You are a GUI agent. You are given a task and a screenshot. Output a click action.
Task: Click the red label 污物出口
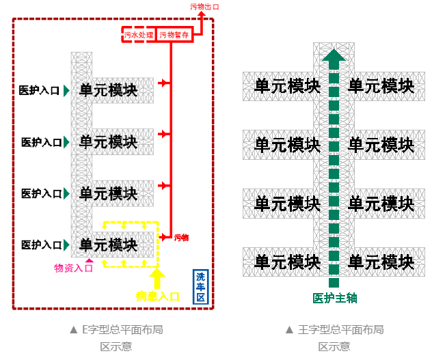click(205, 7)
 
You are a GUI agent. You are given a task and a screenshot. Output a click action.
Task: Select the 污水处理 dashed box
click(139, 35)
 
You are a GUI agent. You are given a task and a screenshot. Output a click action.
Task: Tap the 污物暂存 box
click(175, 35)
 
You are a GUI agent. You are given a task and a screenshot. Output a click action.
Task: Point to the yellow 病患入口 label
click(158, 296)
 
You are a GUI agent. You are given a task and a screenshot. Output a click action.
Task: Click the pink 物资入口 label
click(73, 268)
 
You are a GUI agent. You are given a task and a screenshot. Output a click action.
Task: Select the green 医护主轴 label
click(335, 298)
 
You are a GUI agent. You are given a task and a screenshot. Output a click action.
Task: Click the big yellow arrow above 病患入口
click(158, 277)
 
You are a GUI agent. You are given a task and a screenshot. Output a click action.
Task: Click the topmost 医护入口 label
click(39, 90)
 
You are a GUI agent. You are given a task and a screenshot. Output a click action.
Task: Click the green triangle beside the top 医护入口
click(66, 90)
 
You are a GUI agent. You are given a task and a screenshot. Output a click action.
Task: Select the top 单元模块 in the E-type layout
click(108, 90)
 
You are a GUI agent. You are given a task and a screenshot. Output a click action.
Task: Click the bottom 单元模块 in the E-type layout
click(108, 245)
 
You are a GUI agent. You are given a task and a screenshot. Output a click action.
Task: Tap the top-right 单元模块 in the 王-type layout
click(381, 86)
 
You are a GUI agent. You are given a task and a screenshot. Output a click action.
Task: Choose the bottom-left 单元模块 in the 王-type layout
click(287, 262)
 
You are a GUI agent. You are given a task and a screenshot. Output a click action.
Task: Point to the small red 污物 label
click(181, 237)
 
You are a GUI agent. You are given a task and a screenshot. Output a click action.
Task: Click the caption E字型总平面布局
click(116, 329)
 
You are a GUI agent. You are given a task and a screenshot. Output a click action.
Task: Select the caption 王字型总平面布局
click(334, 329)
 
